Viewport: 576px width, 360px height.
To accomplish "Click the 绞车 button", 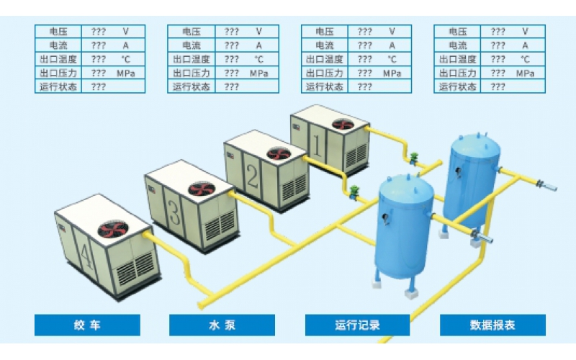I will point(87,325).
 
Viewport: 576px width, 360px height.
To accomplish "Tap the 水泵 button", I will point(222,325).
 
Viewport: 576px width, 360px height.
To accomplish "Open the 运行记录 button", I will point(358,325).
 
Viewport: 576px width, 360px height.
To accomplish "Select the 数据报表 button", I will point(492,325).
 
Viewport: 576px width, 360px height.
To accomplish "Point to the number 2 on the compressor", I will point(251,176).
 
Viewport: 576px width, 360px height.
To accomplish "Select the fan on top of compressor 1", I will point(342,124).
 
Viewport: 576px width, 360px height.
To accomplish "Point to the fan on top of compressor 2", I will point(277,153).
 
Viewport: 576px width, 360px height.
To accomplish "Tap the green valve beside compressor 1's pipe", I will point(415,156).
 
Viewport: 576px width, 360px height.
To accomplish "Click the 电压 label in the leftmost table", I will point(58,32).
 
